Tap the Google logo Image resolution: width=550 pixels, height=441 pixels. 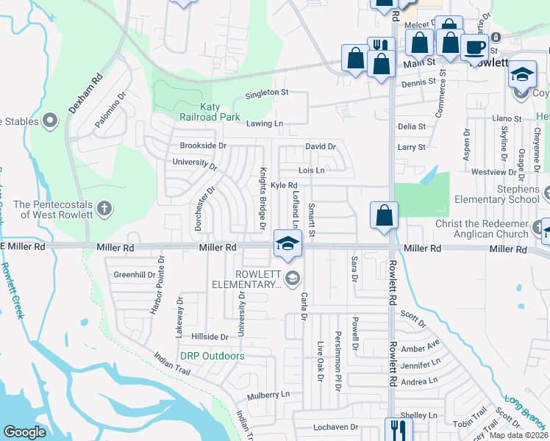coord(24,431)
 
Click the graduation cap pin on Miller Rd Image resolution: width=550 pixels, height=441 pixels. coord(288,243)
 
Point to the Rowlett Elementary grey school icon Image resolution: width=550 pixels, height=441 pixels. coord(292,276)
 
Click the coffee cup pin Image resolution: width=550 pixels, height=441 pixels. coord(474,48)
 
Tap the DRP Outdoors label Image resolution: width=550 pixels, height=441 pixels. coord(213,356)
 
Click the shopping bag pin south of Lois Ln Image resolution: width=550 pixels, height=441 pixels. coord(384,216)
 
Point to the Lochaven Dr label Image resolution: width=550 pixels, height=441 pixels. coord(335,426)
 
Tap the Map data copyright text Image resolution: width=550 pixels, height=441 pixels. coord(519,435)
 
